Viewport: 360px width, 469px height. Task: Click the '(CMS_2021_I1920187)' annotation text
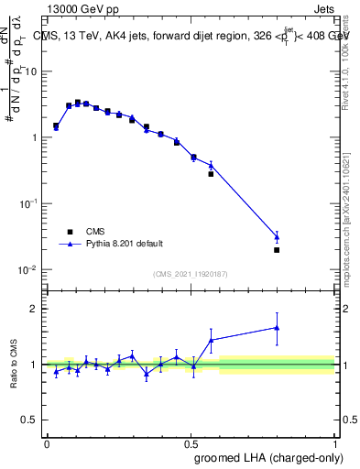[x=190, y=274]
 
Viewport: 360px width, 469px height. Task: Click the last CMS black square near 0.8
[x=277, y=249]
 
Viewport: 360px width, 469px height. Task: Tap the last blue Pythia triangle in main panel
[x=277, y=236]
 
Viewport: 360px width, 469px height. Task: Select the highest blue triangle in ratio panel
[x=277, y=327]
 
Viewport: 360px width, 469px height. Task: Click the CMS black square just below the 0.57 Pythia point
[x=211, y=174]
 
